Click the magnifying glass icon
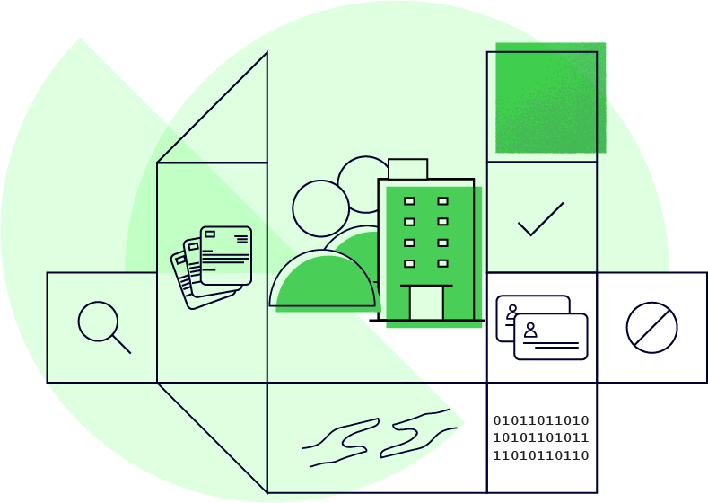[x=99, y=322]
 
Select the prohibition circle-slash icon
[x=651, y=327]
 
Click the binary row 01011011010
[x=541, y=420]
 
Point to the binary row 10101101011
[x=541, y=437]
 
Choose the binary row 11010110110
[x=541, y=455]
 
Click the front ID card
[x=551, y=337]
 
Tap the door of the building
[x=426, y=303]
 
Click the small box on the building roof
[x=407, y=169]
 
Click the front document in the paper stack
[x=225, y=255]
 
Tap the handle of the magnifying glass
[x=122, y=344]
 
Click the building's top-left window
[x=409, y=201]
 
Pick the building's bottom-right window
[x=442, y=263]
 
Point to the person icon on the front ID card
[x=530, y=330]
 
